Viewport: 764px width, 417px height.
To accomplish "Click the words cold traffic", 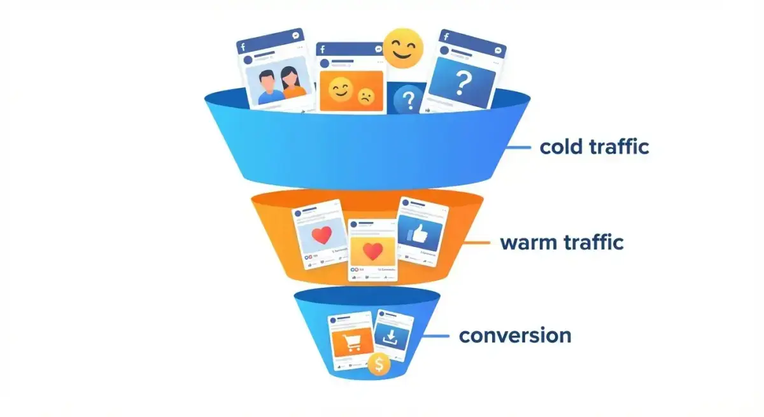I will pyautogui.click(x=594, y=147).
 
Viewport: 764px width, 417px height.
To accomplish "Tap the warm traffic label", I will pyautogui.click(x=562, y=243).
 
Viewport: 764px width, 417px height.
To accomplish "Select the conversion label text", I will pyautogui.click(x=515, y=335).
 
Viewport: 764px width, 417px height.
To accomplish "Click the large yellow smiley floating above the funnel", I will pyautogui.click(x=402, y=48).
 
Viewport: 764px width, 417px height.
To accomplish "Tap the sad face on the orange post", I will pyautogui.click(x=365, y=97).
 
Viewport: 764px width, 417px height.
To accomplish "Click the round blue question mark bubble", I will pyautogui.click(x=408, y=100).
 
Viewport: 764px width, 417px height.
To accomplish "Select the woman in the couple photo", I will pyautogui.click(x=294, y=84).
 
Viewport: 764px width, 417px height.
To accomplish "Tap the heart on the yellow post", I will pyautogui.click(x=371, y=252).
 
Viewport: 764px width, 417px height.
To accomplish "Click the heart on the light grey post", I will pyautogui.click(x=322, y=236).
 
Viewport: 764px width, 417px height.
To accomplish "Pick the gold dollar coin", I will pyautogui.click(x=379, y=364).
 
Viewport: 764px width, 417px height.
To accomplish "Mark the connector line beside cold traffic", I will pyautogui.click(x=518, y=148).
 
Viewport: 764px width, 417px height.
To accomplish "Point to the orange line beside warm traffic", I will pyautogui.click(x=478, y=243).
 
